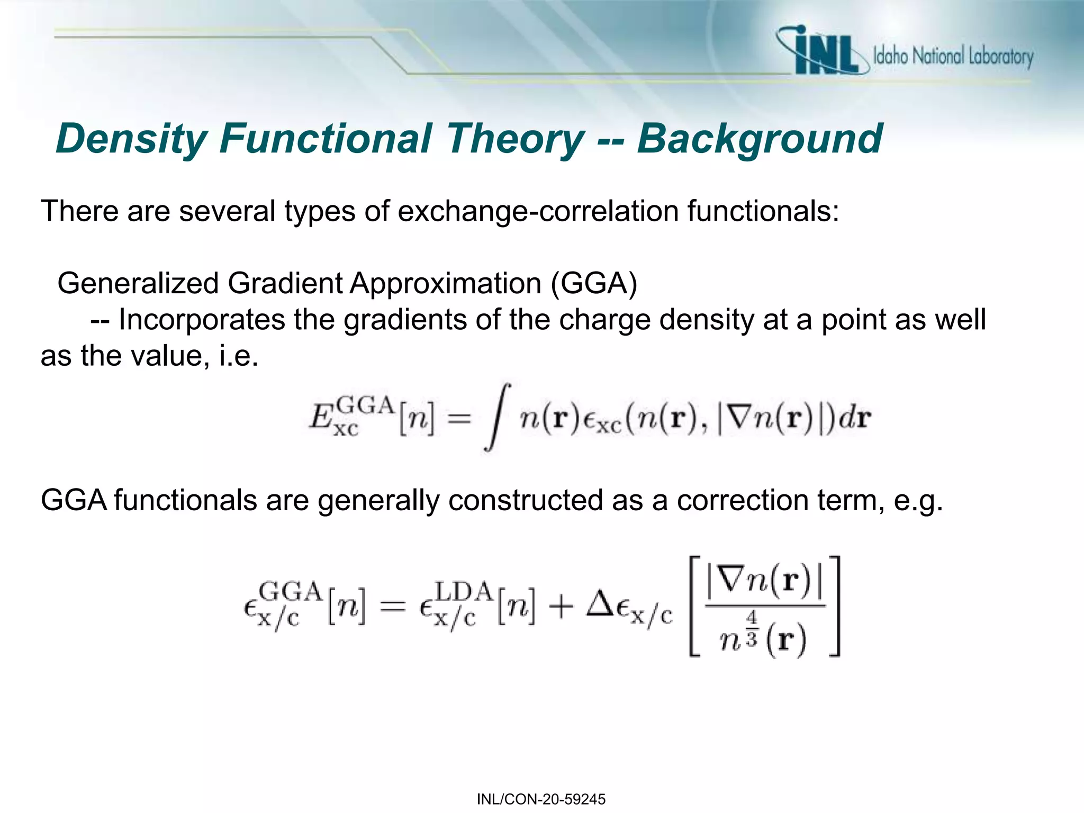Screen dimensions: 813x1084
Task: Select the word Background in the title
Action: [760, 139]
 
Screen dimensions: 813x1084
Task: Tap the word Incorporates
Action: [202, 320]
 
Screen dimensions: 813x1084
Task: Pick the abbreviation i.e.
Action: [238, 356]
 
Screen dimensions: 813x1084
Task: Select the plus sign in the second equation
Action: [561, 607]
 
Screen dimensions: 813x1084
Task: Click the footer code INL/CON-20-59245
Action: [541, 799]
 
